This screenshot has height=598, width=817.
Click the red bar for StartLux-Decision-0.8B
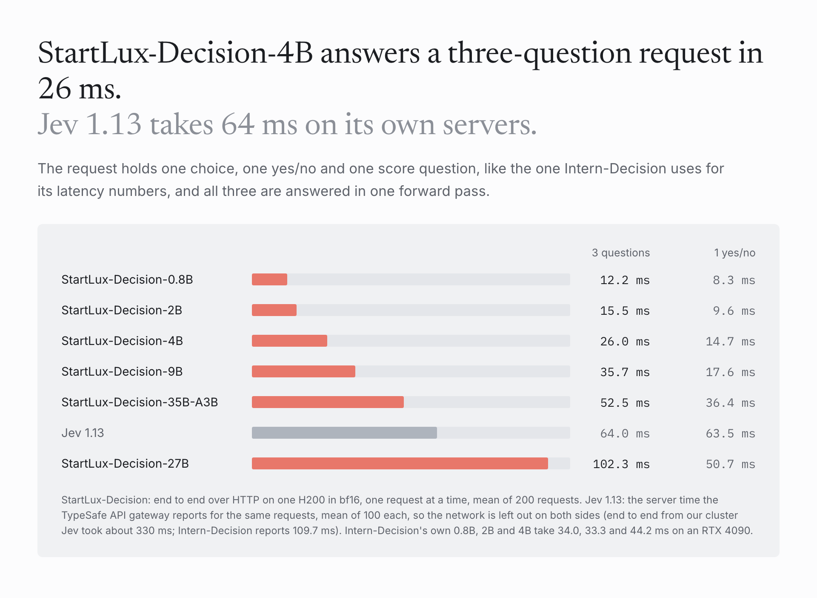269,279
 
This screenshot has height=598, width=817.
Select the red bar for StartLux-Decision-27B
400,463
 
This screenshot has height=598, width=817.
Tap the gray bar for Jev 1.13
344,433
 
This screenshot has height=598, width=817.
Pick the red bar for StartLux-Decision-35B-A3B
328,402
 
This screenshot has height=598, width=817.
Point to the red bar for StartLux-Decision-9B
303,371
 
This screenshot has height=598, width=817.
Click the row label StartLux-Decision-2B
122,310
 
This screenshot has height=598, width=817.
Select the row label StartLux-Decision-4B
122,341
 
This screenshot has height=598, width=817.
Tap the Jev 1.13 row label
83,433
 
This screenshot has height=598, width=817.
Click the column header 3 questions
621,253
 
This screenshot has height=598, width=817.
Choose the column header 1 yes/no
735,253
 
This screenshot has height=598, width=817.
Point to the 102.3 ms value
621,464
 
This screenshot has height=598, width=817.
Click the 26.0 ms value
625,341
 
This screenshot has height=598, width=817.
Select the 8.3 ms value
734,280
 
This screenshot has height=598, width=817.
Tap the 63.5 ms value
731,433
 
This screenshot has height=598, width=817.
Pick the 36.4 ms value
731,402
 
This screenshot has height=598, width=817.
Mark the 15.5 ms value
625,310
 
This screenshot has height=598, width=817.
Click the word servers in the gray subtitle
490,125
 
